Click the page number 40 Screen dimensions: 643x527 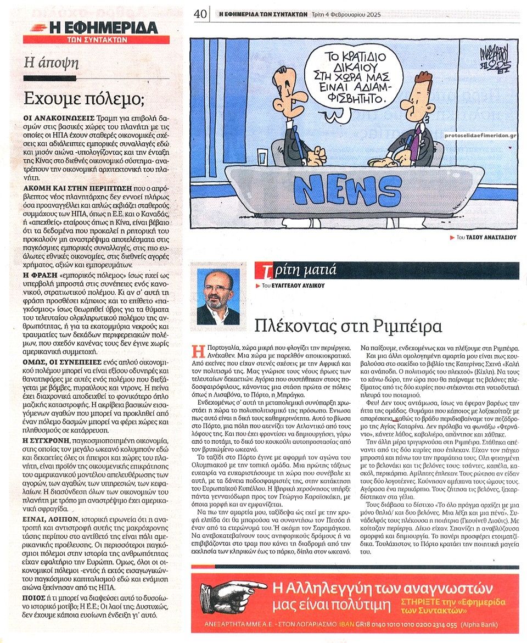tap(200, 14)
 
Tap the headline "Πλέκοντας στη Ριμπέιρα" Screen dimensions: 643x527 tap(349, 326)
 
